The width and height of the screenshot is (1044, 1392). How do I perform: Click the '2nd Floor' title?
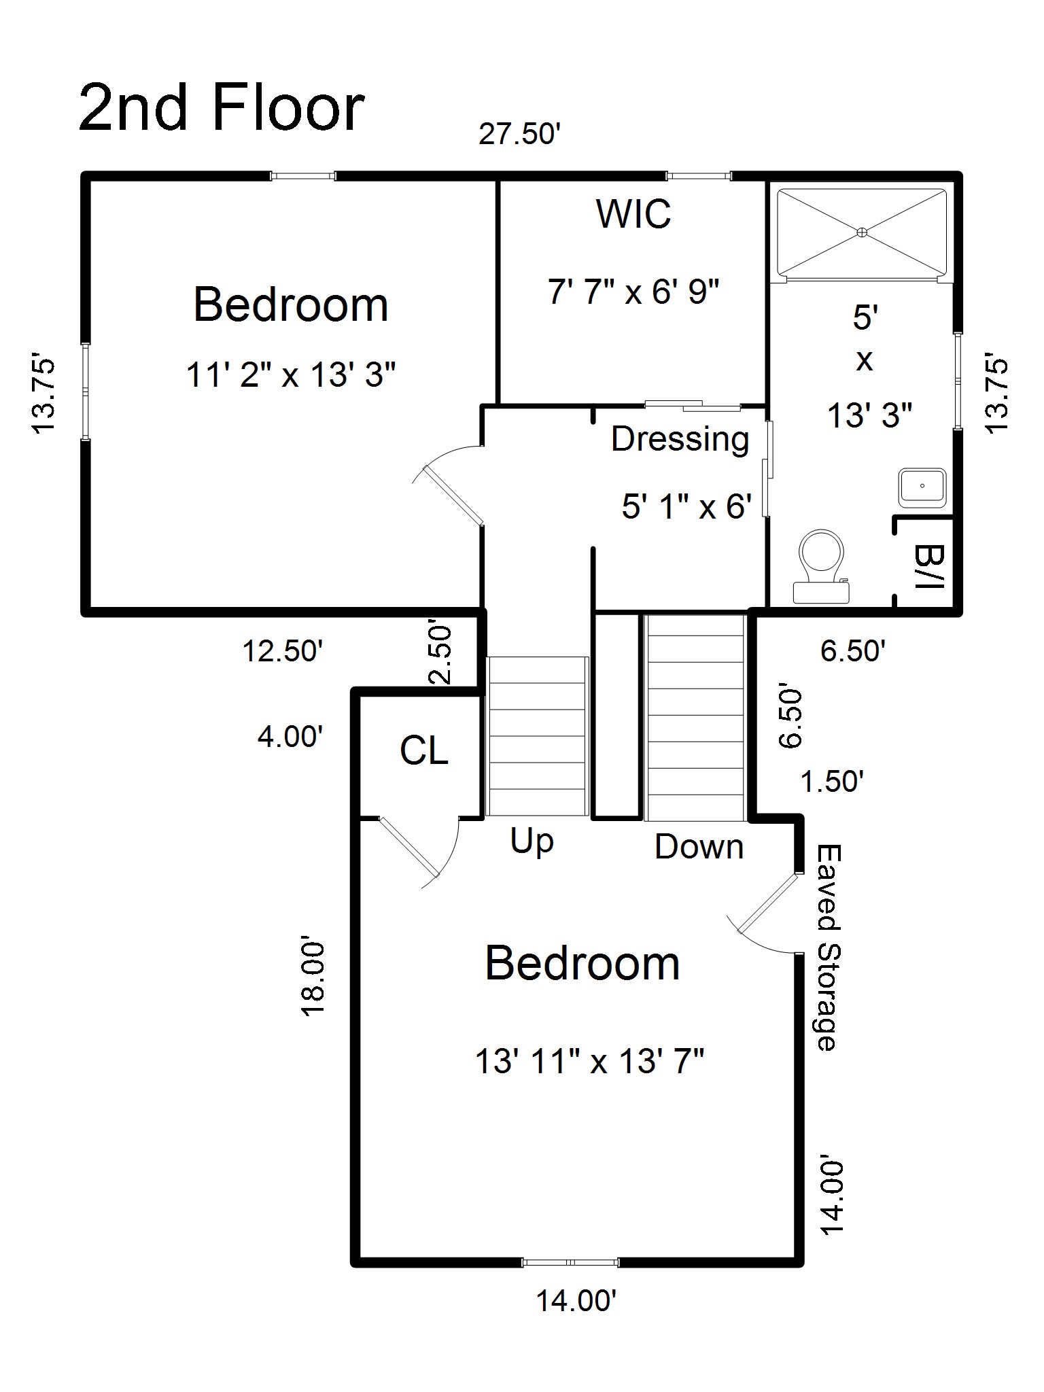[222, 109]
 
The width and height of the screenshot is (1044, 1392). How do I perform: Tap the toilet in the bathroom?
[822, 566]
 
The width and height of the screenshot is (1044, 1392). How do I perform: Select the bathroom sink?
[922, 487]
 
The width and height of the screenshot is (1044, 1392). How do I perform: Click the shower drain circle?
[862, 232]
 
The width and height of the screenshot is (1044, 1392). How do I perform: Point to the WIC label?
[633, 214]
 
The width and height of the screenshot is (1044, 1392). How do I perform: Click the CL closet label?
[423, 752]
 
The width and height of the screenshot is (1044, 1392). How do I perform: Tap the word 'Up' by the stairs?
[532, 842]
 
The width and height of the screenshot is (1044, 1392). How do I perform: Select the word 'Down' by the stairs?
[699, 848]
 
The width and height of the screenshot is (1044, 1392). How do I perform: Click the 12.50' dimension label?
[282, 652]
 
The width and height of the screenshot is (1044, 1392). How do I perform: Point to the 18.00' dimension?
[313, 979]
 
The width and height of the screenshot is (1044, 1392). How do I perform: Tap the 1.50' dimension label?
[832, 782]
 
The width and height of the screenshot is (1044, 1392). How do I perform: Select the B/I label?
[926, 566]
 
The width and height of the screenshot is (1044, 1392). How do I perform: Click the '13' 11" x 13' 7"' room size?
[589, 1061]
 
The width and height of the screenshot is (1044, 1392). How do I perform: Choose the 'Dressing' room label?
[680, 439]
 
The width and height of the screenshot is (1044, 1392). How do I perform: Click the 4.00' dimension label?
[290, 737]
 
